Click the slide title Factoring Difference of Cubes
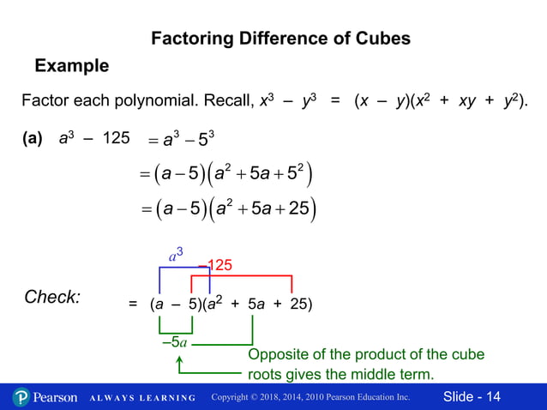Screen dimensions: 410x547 click(x=280, y=39)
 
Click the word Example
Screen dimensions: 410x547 click(x=71, y=65)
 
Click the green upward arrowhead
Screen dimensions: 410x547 click(x=180, y=363)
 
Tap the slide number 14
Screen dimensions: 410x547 click(x=493, y=396)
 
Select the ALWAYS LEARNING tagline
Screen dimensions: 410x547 click(x=141, y=398)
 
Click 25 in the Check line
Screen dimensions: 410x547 click(x=297, y=304)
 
